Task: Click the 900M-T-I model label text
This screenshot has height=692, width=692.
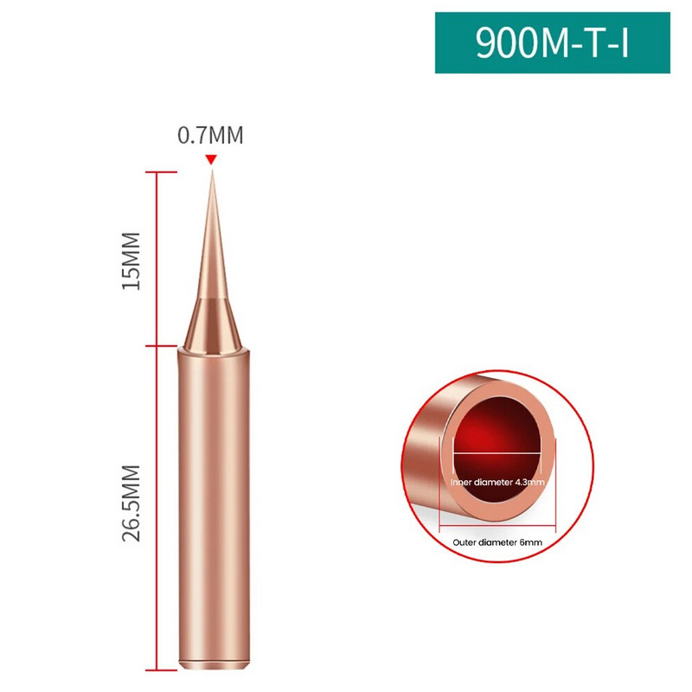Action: point(552,42)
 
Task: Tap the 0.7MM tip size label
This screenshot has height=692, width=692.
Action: point(210,135)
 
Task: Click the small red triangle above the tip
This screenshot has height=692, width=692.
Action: point(211,159)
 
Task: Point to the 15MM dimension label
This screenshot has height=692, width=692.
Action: point(131,261)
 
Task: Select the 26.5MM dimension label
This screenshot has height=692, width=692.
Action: point(131,503)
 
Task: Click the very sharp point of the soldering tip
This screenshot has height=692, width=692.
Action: point(212,170)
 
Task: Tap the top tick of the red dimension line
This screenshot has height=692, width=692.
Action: point(162,171)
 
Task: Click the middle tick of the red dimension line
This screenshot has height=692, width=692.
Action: point(162,345)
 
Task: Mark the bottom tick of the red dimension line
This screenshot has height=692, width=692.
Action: point(162,670)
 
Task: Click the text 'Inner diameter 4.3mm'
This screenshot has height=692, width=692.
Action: point(497,482)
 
